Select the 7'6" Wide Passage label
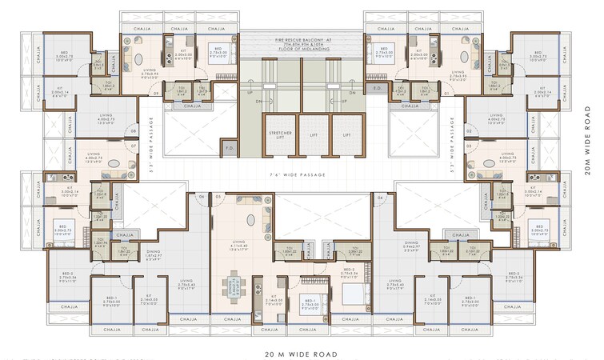click(302, 172)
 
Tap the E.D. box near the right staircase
click(376, 88)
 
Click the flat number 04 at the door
click(380, 196)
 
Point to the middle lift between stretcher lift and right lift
click(314, 136)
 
